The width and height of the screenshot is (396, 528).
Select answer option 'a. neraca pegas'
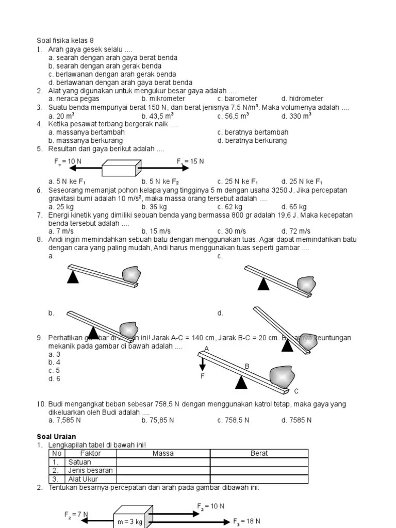[74, 98]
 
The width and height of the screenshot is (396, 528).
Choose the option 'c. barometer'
[237, 98]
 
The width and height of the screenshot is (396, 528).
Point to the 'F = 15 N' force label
[190, 161]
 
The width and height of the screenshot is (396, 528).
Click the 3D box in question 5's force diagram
[121, 169]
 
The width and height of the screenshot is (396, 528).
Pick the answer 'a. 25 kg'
[61, 207]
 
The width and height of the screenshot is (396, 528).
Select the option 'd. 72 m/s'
[295, 231]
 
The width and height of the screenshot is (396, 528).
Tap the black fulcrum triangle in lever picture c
[263, 283]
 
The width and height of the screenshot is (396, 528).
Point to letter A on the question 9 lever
[206, 349]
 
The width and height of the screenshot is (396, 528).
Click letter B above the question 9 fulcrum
[247, 366]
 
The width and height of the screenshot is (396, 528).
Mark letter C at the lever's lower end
[296, 391]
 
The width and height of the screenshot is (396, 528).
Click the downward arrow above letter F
[203, 364]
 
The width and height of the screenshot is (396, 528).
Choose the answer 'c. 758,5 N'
[233, 420]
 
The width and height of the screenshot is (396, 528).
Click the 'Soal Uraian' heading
[57, 437]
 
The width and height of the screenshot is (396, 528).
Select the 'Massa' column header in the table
[163, 453]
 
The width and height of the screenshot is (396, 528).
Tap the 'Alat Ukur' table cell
[82, 479]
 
